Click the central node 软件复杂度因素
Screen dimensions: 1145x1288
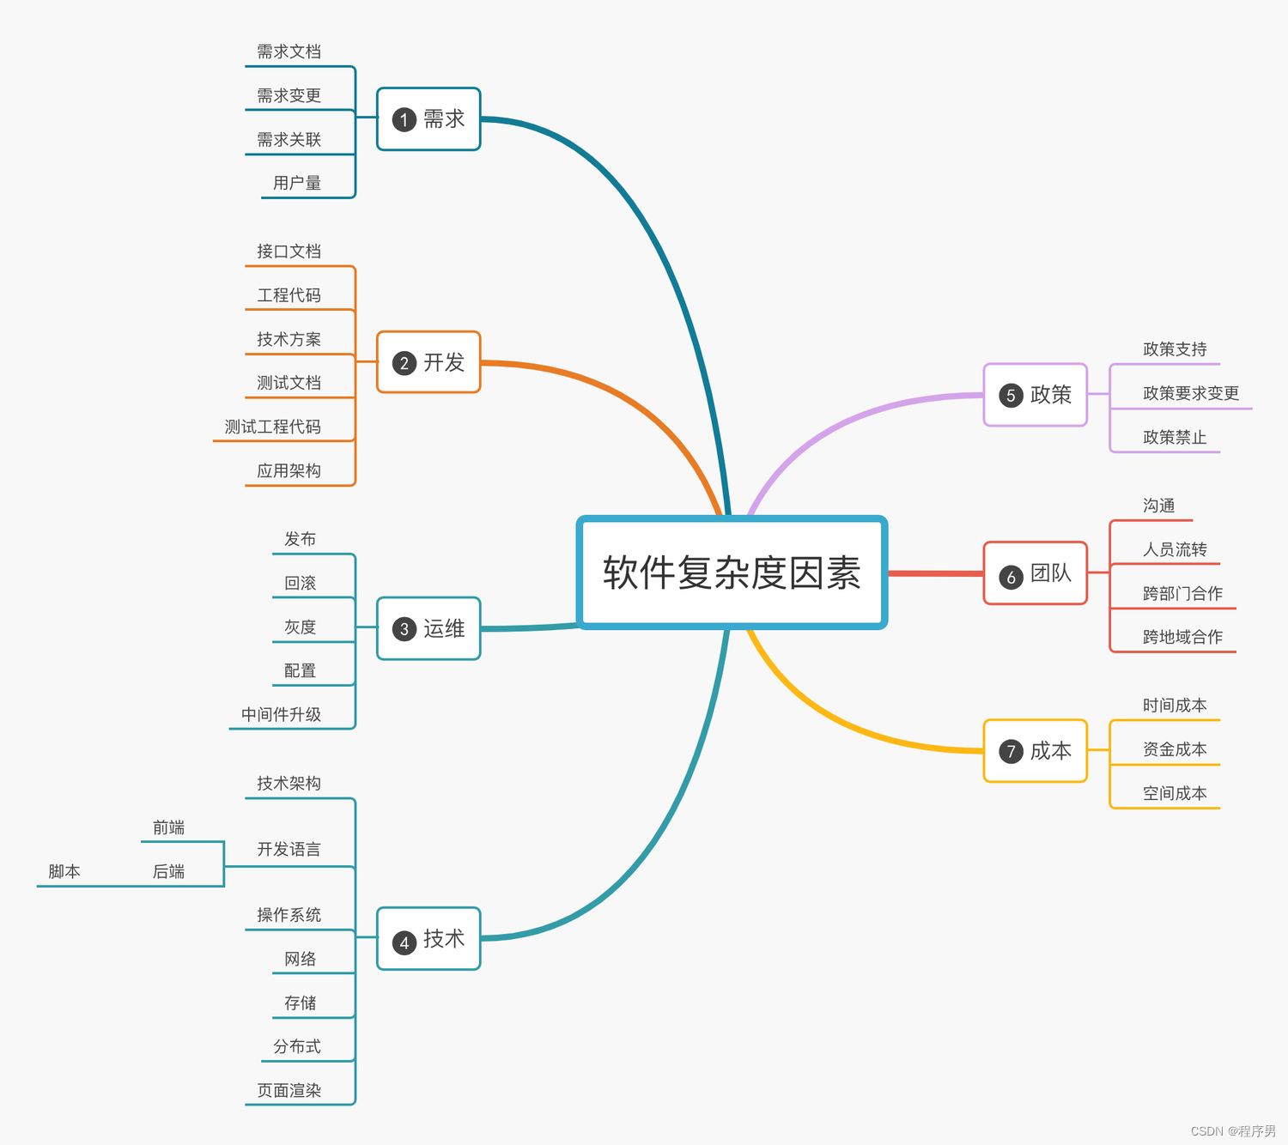click(x=732, y=572)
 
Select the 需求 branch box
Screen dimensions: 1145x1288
click(x=428, y=119)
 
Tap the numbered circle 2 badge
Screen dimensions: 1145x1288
click(x=404, y=363)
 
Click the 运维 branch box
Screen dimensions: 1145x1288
click(x=428, y=628)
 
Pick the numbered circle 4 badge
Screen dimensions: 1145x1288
click(x=404, y=942)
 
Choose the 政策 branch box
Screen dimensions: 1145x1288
click(x=1035, y=395)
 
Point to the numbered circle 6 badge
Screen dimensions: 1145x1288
click(x=1011, y=578)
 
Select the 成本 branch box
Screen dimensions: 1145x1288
click(x=1035, y=751)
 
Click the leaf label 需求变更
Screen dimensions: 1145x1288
click(x=289, y=95)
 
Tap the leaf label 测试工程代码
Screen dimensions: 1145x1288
click(x=273, y=427)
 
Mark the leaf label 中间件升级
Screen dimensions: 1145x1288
click(x=282, y=714)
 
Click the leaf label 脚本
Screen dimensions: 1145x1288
click(x=64, y=871)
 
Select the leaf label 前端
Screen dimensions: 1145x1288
click(x=169, y=827)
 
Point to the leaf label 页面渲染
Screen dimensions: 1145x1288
click(x=289, y=1090)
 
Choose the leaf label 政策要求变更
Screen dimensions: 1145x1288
click(x=1191, y=393)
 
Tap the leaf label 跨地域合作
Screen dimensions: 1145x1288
click(x=1182, y=637)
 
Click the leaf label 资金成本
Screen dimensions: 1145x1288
click(x=1175, y=749)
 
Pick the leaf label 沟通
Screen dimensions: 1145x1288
click(x=1158, y=506)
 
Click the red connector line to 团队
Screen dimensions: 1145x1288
click(x=935, y=572)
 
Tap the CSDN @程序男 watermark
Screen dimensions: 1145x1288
click(x=1233, y=1131)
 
